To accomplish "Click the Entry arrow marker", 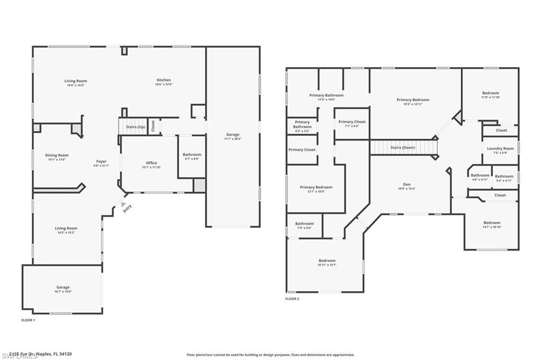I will point(124,205).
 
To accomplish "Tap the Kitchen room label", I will point(163,80).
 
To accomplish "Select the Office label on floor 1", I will point(151,163).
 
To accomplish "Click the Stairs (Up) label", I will point(135,127).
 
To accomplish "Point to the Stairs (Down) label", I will point(402,147).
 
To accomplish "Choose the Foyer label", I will point(101,161).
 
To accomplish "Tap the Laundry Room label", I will point(500,149).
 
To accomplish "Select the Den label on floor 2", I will point(407,184).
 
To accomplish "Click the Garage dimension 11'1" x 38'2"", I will point(232,139).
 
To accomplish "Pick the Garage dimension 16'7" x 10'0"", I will point(63,291).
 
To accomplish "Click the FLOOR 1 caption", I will point(28,320).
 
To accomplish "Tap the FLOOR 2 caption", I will point(292,299).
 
